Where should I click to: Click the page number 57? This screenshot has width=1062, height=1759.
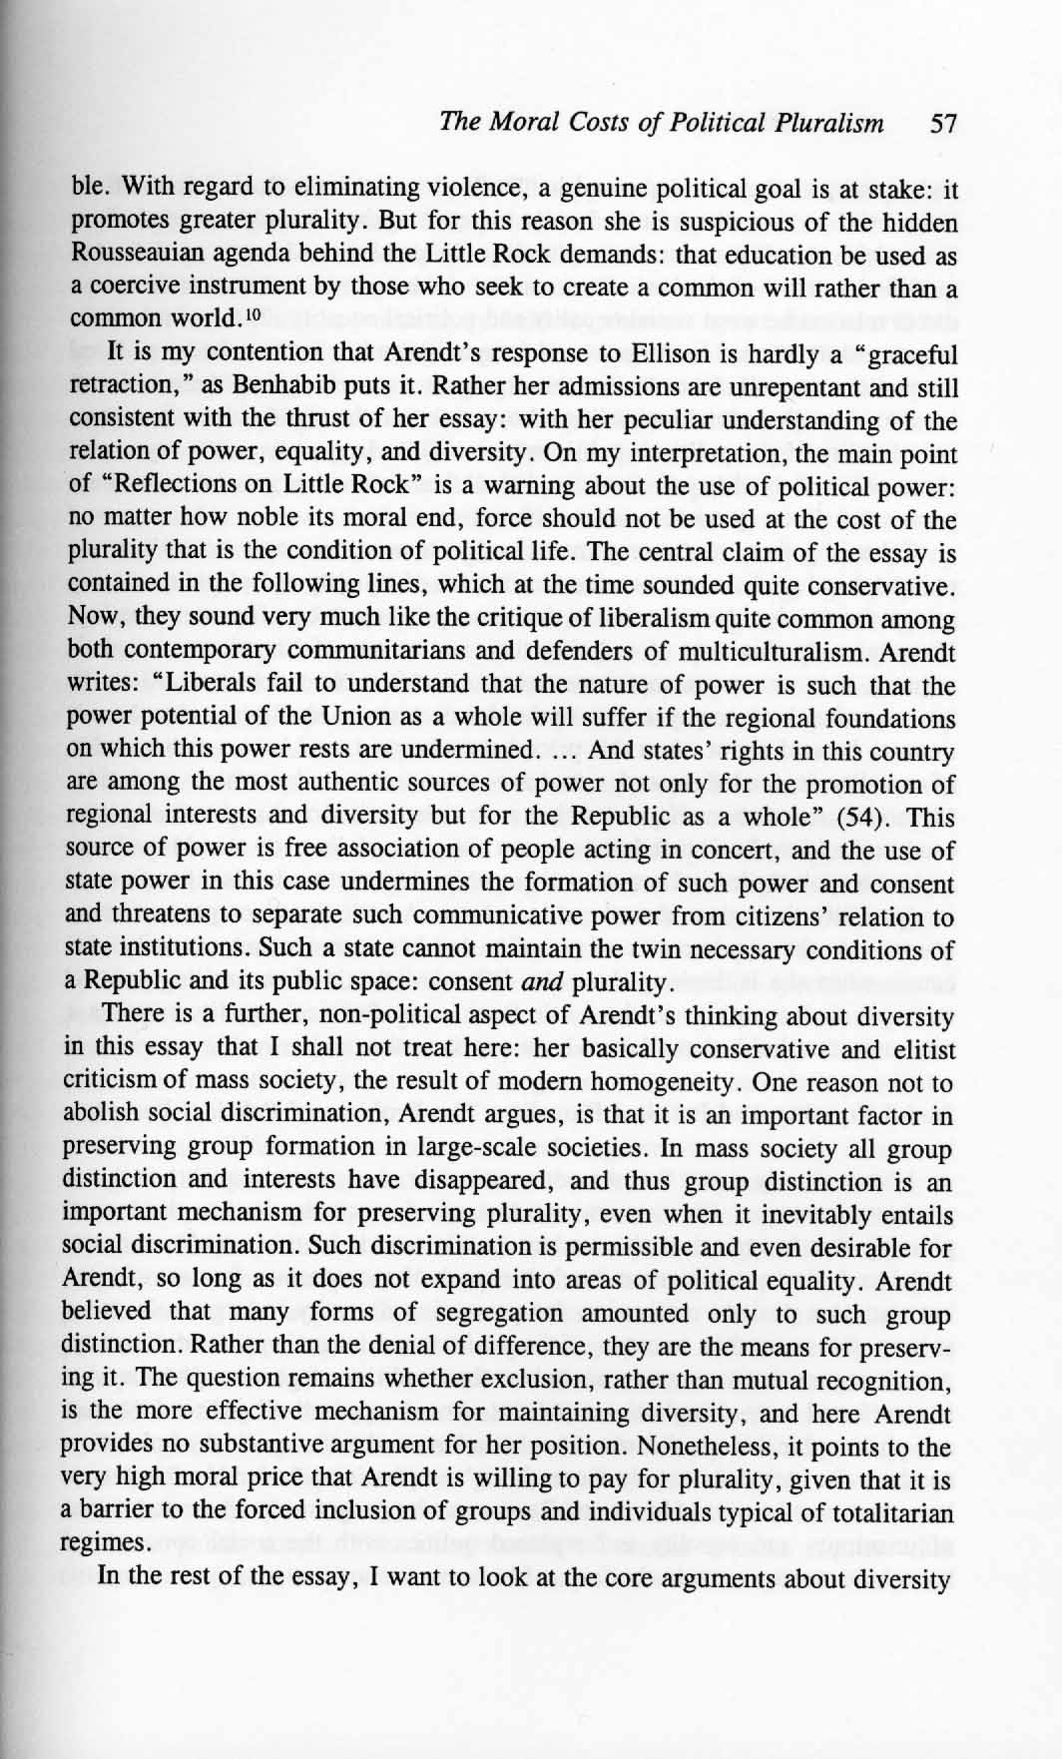tap(942, 124)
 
